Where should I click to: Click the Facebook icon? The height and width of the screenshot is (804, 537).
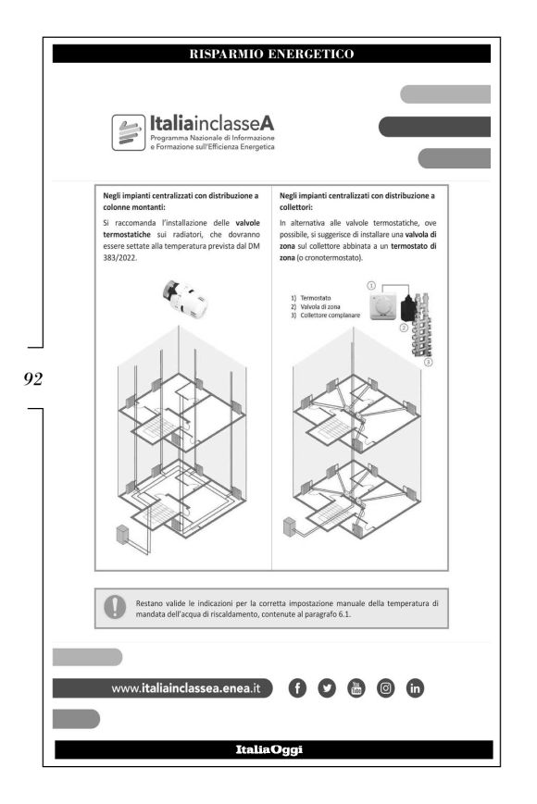(x=297, y=688)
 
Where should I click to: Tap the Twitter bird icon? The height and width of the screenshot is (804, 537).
(x=327, y=688)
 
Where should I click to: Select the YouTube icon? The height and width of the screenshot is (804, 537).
(x=356, y=688)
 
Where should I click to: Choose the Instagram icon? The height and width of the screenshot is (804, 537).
(x=386, y=688)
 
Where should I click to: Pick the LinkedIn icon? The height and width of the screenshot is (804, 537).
(x=415, y=688)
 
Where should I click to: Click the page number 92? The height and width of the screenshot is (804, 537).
(x=32, y=379)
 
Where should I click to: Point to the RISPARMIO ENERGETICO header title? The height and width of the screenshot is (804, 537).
(x=271, y=54)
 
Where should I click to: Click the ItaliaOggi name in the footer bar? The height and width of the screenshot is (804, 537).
(x=269, y=749)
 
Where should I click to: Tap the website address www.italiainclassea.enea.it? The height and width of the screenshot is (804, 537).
(x=186, y=688)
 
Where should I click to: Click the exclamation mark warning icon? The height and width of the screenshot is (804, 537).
(x=115, y=607)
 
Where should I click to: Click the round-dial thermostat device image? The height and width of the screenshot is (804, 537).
(x=382, y=306)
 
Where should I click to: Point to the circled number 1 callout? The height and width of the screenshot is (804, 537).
(x=371, y=286)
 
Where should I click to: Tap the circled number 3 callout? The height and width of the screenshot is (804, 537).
(x=429, y=362)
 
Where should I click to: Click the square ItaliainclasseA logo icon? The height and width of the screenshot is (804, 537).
(x=128, y=132)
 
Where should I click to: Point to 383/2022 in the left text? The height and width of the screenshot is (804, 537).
(x=120, y=257)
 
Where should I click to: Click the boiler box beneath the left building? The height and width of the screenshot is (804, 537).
(x=122, y=534)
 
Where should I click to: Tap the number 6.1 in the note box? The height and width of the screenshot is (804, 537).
(x=344, y=613)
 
